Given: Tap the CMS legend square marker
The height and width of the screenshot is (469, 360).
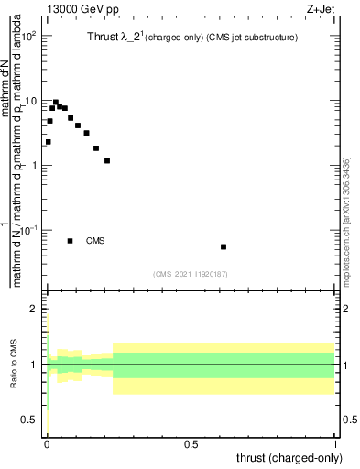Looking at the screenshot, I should point(71,241).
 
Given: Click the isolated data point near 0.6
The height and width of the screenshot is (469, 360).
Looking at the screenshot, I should point(224,246).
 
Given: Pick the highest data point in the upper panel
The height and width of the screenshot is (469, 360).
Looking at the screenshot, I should point(56,103).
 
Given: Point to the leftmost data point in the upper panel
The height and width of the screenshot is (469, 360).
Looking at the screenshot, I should point(48,142).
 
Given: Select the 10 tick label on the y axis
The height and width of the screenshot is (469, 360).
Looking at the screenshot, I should point(29,101).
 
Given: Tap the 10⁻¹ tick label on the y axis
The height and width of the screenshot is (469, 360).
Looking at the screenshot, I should point(27,230).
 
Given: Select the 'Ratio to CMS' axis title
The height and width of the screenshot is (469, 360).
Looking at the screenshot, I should point(13,365).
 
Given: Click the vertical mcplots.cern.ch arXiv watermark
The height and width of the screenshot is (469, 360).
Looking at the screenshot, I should point(345,220).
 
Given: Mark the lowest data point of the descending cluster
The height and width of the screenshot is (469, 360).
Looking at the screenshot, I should point(107,160).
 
